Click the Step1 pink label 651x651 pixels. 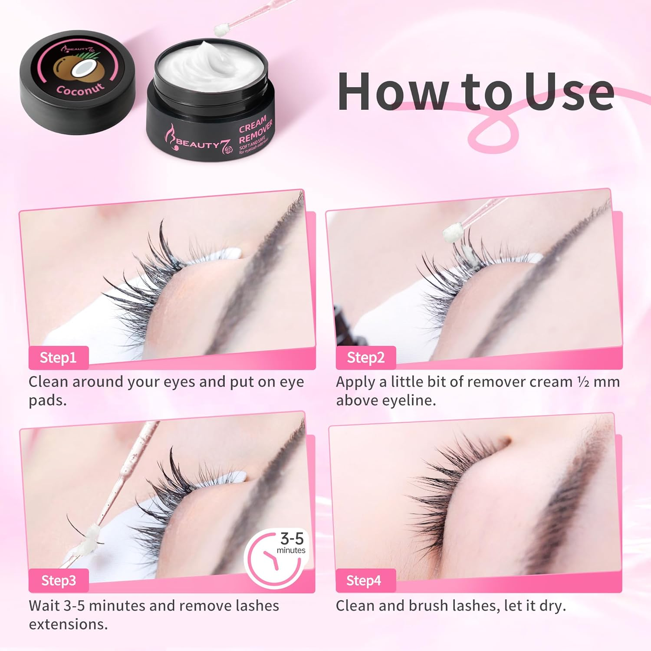coord(58,358)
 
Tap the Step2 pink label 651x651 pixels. coord(365,358)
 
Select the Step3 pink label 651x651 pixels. coord(59,580)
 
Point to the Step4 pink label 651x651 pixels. coord(364,580)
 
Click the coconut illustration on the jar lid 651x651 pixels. coord(72,69)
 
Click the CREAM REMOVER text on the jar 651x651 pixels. coord(255,130)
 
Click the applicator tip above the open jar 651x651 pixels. coord(222,30)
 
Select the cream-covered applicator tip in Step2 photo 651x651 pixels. coord(451,233)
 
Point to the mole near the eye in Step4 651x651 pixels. coord(505,442)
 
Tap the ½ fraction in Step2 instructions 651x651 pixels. coord(583,382)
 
